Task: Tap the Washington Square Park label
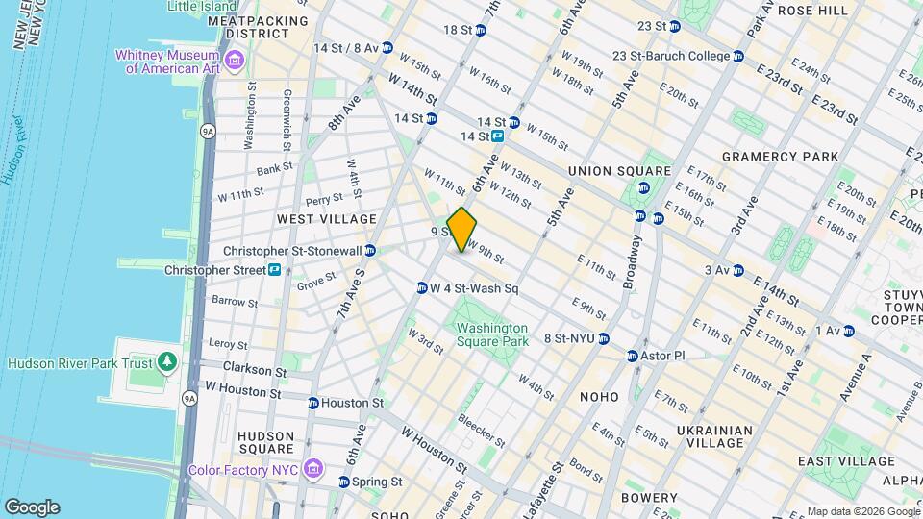click(x=492, y=334)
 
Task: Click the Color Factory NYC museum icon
click(x=312, y=468)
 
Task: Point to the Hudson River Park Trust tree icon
click(x=168, y=362)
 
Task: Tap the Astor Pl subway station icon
click(x=632, y=356)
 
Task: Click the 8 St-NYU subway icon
click(x=604, y=338)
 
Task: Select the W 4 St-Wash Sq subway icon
click(x=421, y=288)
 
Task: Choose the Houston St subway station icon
click(x=313, y=403)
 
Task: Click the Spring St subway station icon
click(x=344, y=482)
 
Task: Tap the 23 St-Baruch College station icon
click(x=738, y=57)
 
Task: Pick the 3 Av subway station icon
click(x=737, y=270)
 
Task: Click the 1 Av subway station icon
click(x=848, y=331)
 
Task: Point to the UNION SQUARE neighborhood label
click(x=611, y=171)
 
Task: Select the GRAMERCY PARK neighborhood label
click(x=780, y=156)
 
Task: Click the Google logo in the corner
click(x=32, y=507)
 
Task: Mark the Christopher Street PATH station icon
click(x=274, y=270)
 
